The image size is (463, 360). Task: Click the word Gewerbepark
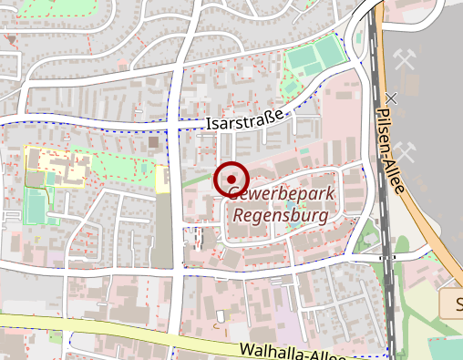click(x=282, y=194)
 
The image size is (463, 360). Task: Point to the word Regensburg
click(x=282, y=216)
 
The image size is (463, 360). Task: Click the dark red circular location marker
click(x=231, y=180)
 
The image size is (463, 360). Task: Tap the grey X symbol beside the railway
click(x=391, y=98)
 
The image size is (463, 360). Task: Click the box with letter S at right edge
click(x=453, y=303)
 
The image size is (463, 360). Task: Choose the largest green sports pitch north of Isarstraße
click(x=314, y=59)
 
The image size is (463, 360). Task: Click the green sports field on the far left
click(x=36, y=206)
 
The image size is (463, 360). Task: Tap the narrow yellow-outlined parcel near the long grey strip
click(x=162, y=179)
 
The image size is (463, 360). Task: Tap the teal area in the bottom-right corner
click(x=447, y=348)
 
